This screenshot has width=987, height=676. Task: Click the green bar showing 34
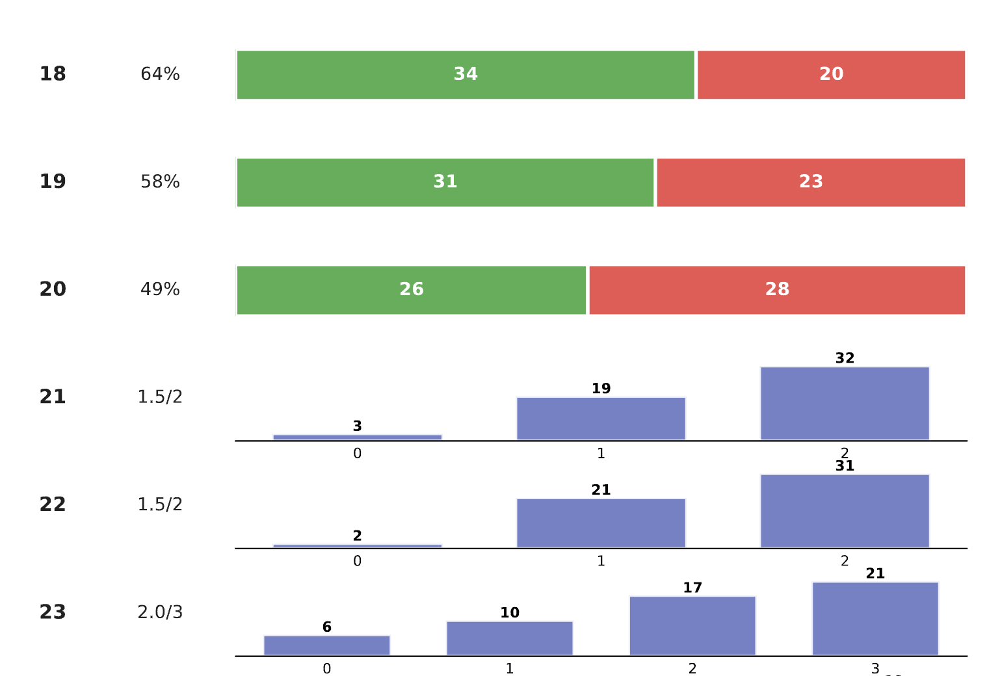click(466, 75)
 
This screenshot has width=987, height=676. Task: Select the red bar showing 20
click(831, 75)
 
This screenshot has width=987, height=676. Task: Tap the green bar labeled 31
click(445, 183)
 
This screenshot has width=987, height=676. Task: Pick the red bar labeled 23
click(811, 183)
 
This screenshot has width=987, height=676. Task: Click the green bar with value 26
click(412, 290)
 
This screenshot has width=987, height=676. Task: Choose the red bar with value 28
click(777, 290)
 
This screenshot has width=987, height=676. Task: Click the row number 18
click(53, 74)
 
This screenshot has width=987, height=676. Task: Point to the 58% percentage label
click(160, 182)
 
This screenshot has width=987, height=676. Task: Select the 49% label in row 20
click(160, 289)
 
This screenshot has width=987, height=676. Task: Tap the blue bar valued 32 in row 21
click(845, 404)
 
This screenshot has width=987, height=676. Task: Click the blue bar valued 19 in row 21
click(601, 419)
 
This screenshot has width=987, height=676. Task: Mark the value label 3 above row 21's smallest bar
click(357, 426)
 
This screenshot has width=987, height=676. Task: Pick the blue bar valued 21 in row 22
click(601, 523)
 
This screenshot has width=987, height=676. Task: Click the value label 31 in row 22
click(845, 466)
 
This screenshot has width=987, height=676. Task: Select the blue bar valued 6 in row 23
click(326, 645)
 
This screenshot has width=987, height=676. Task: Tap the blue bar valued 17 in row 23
click(692, 626)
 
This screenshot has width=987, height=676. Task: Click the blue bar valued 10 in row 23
click(510, 638)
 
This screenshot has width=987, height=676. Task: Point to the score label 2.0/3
click(160, 612)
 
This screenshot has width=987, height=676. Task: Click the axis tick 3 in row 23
click(875, 668)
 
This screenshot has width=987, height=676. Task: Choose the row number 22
click(53, 504)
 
